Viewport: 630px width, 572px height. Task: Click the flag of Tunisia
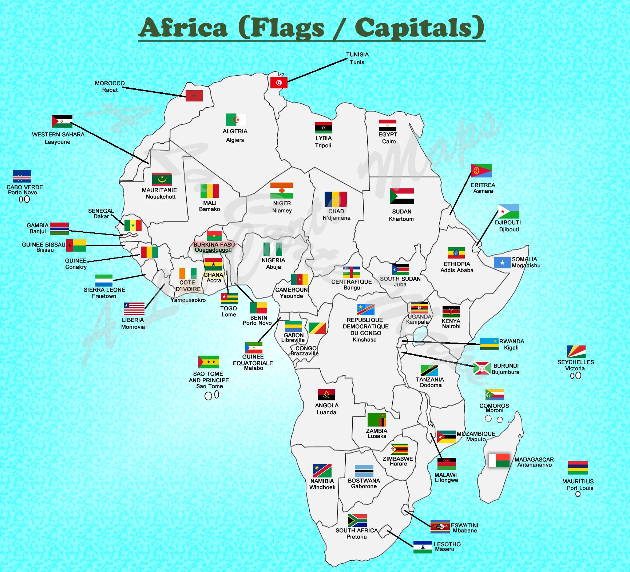[x=279, y=83]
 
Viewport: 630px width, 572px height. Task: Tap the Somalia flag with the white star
[x=502, y=263]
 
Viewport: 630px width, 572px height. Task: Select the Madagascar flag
[x=499, y=461]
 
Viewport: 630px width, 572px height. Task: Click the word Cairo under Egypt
[x=389, y=141]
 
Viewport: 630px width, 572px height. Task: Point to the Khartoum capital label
[x=401, y=219]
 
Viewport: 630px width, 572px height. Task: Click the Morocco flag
[x=194, y=96]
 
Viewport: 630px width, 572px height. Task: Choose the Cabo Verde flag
[x=22, y=176]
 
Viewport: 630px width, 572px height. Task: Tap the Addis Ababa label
[x=457, y=270]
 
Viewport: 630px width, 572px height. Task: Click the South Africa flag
[x=357, y=520]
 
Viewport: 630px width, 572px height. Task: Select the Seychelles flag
[x=576, y=352]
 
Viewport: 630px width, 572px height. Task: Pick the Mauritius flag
[x=578, y=468]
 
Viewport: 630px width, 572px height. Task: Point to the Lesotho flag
[x=423, y=547]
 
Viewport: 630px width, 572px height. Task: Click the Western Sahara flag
[x=62, y=121]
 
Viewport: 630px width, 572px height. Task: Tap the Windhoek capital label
[x=322, y=487]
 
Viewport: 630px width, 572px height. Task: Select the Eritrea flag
[x=482, y=171]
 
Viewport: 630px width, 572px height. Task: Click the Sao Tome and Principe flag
[x=209, y=362]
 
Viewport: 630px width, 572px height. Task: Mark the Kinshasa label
[x=364, y=340]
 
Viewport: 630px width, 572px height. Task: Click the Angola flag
[x=326, y=395]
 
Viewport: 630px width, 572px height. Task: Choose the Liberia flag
[x=134, y=309]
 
